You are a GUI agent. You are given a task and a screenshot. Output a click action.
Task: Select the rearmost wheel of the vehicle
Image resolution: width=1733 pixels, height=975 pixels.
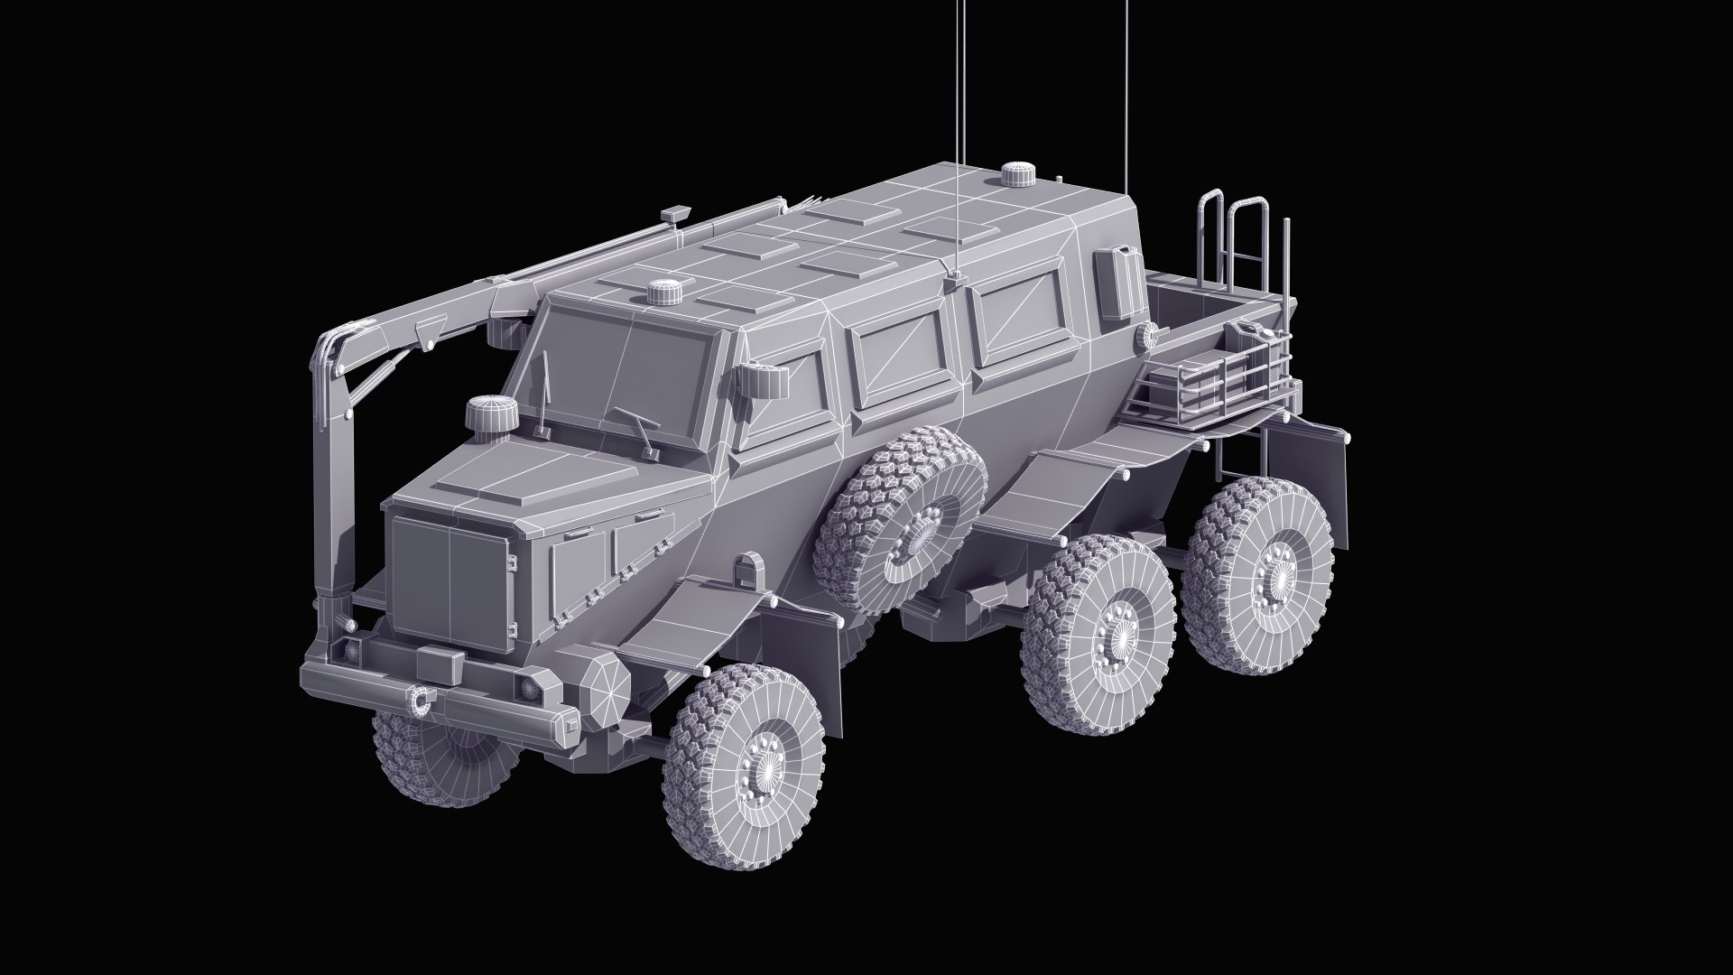click(1260, 574)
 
